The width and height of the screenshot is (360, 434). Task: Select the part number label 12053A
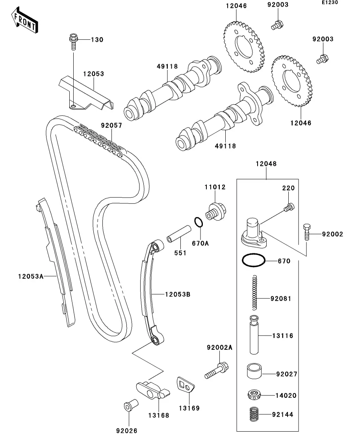pos(30,276)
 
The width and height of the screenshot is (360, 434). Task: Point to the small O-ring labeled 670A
pos(199,223)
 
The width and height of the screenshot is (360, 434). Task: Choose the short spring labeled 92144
pos(254,415)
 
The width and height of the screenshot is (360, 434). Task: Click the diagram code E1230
pos(330,3)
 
